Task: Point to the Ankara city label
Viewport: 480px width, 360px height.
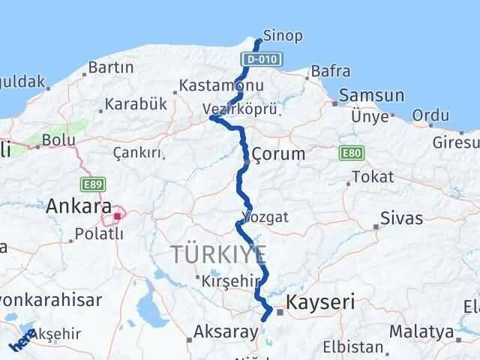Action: [x=79, y=205]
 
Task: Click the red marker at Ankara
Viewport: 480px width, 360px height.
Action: [x=118, y=217]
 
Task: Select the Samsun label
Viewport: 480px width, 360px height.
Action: [x=372, y=96]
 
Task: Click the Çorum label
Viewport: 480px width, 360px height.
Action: [x=278, y=154]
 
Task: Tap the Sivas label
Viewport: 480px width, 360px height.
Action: [x=402, y=219]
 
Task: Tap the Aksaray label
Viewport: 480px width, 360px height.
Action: [x=220, y=330]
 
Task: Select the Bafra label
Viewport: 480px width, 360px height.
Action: [x=331, y=72]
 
